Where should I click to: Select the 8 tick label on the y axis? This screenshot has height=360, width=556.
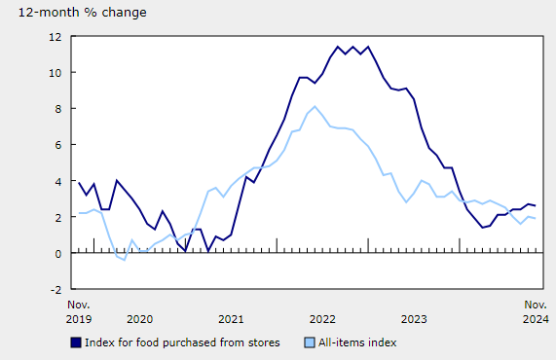59,109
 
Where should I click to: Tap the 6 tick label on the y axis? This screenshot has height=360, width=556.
59,145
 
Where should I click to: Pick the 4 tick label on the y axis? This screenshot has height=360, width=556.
59,181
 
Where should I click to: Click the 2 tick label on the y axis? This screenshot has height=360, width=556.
59,217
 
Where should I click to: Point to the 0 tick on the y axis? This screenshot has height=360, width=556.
59,253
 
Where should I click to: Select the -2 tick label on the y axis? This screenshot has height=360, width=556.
56,289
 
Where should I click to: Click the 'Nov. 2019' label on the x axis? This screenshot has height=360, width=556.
78,311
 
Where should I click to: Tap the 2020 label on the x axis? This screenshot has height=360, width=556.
139,318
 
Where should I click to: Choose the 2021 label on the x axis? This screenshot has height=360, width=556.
231,318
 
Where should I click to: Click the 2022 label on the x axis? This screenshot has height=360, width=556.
322,318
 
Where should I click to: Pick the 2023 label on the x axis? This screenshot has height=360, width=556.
414,318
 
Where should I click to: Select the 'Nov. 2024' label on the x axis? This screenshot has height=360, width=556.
535,311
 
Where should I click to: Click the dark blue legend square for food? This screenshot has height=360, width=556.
76,342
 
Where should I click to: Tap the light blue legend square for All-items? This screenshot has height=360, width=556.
311,342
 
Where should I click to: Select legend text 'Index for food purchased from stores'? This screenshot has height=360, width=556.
183,342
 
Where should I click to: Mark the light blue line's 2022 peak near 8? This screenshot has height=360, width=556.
315,106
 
